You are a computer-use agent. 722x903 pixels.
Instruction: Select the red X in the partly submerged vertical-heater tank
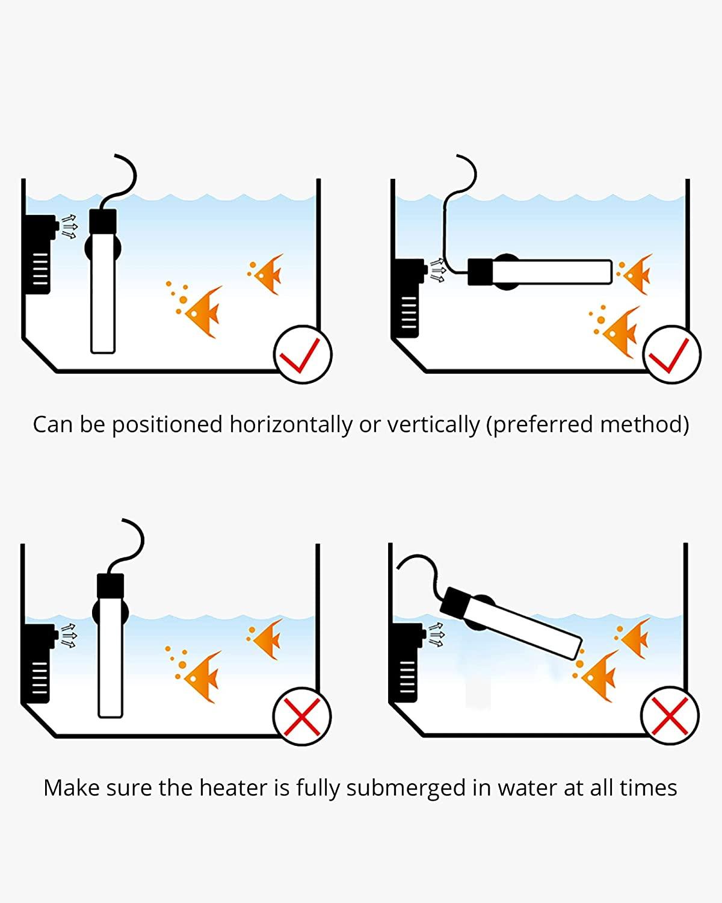pyautogui.click(x=301, y=717)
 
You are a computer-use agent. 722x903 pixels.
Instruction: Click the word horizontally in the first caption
pyautogui.click(x=291, y=424)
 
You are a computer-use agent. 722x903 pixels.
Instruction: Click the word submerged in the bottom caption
pyautogui.click(x=406, y=788)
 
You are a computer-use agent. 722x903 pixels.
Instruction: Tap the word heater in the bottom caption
pyautogui.click(x=233, y=787)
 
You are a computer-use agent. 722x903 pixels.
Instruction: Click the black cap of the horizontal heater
pyautogui.click(x=480, y=272)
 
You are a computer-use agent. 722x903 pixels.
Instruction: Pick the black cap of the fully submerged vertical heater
pyautogui.click(x=103, y=222)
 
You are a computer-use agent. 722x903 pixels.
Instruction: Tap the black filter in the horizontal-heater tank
pyautogui.click(x=407, y=297)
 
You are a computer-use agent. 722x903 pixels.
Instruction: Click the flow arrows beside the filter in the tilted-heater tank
pyautogui.click(x=436, y=635)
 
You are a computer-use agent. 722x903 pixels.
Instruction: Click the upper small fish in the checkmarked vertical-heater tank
pyautogui.click(x=267, y=273)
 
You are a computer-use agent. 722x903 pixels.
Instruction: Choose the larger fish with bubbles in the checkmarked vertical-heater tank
pyautogui.click(x=199, y=311)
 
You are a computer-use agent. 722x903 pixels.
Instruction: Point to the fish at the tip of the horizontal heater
pyautogui.click(x=635, y=273)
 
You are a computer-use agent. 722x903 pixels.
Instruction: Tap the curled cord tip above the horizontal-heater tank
pyautogui.click(x=458, y=156)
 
